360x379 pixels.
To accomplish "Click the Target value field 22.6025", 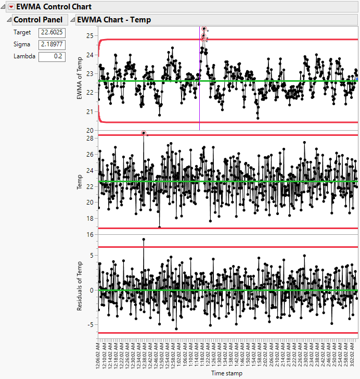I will pos(52,33).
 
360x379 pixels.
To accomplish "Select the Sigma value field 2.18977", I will pos(52,44).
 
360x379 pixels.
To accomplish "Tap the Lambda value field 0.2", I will pos(52,56).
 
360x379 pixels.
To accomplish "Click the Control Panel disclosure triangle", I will pos(9,20).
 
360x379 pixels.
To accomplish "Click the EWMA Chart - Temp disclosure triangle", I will pos(72,20).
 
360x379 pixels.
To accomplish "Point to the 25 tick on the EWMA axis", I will pos(90,36).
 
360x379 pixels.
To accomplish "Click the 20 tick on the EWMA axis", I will pos(90,130).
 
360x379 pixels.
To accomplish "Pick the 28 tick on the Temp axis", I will pos(90,138).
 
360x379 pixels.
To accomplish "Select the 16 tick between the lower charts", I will pos(90,235).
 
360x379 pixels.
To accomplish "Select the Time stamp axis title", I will pos(226,373).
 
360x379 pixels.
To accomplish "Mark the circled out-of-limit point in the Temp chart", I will pos(144,134).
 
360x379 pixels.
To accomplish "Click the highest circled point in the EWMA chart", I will pos(204,29).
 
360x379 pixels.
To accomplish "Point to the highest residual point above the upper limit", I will pos(144,239).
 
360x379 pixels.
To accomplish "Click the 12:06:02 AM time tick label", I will pos(98,353).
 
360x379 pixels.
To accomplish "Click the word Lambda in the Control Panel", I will pos(24,56).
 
